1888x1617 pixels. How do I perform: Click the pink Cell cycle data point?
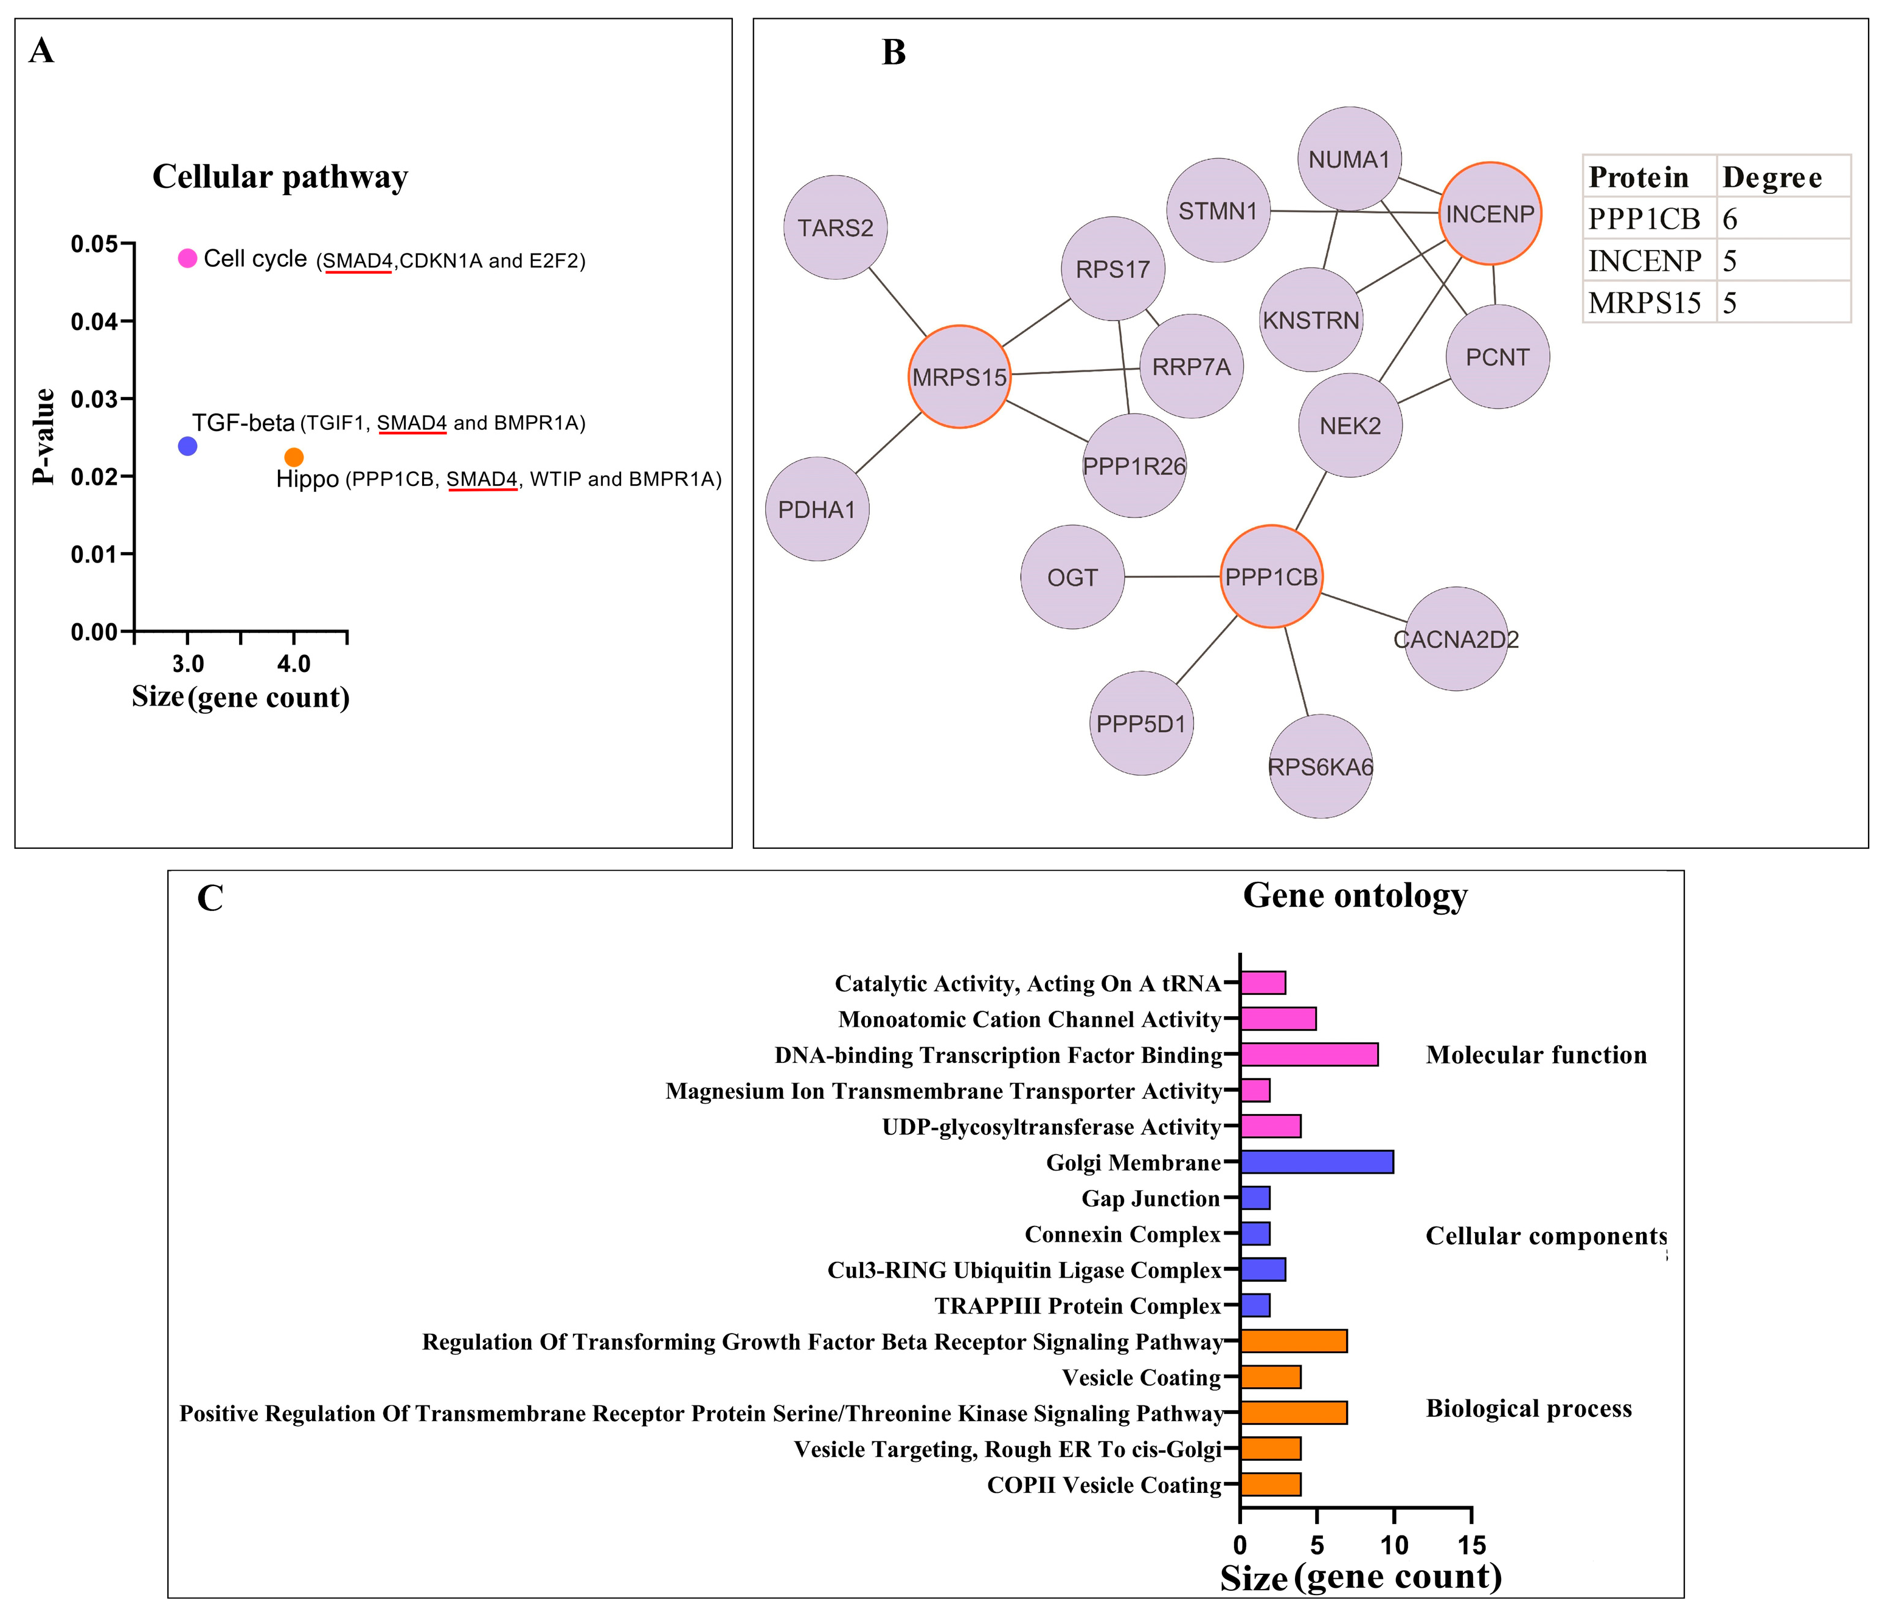pyautogui.click(x=187, y=258)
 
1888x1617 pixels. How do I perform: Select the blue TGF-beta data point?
pyautogui.click(x=187, y=446)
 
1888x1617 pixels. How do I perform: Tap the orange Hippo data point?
pyautogui.click(x=293, y=457)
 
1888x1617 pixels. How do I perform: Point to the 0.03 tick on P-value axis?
pyautogui.click(x=128, y=398)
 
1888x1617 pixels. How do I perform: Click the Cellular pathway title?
pyautogui.click(x=280, y=177)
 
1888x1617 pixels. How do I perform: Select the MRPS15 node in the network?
pyautogui.click(x=959, y=376)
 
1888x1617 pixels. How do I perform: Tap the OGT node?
pyautogui.click(x=1072, y=577)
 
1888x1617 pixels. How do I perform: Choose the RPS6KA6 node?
pyautogui.click(x=1321, y=766)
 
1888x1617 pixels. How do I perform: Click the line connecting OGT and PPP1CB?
pyautogui.click(x=1172, y=577)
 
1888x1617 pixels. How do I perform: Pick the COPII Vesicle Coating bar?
pyautogui.click(x=1270, y=1485)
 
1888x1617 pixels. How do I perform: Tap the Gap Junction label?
pyautogui.click(x=1150, y=1198)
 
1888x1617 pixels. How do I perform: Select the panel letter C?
pyautogui.click(x=210, y=898)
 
